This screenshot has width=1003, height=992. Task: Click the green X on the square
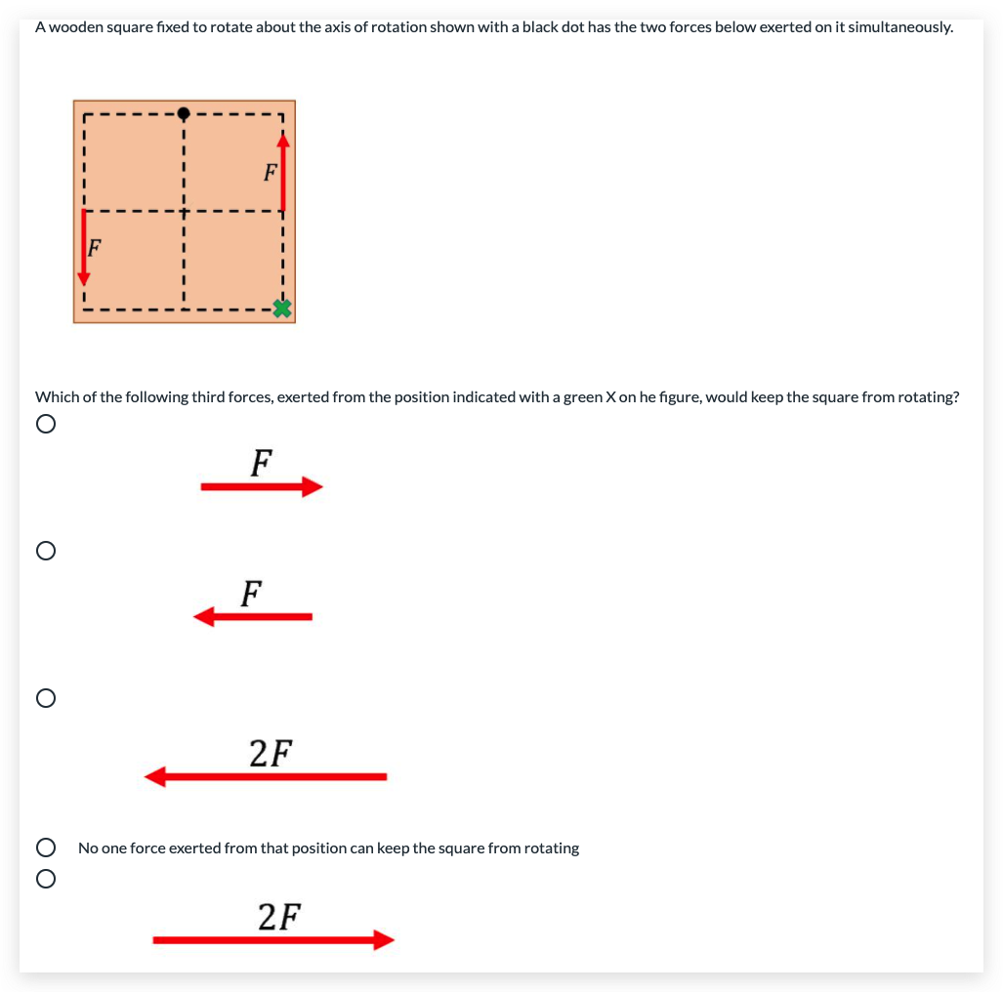(x=282, y=310)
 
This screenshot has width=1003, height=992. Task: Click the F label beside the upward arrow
(x=270, y=173)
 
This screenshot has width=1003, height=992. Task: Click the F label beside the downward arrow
(x=95, y=246)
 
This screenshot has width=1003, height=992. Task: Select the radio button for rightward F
(x=44, y=425)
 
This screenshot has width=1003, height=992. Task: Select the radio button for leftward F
(x=44, y=551)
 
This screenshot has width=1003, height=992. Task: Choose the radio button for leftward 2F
(x=44, y=698)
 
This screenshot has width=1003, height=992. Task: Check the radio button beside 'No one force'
(x=44, y=847)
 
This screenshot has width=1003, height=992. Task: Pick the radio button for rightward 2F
(x=44, y=879)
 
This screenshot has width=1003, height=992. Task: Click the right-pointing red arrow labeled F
(x=262, y=486)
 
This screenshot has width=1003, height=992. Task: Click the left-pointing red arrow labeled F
(x=253, y=616)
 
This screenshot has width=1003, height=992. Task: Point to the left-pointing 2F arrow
(x=266, y=776)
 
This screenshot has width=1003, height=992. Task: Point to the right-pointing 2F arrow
(x=273, y=939)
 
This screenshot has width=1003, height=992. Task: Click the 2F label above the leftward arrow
(x=271, y=753)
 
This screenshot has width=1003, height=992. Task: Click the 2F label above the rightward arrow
(x=279, y=917)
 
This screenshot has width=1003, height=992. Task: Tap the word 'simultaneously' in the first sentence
(x=899, y=27)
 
